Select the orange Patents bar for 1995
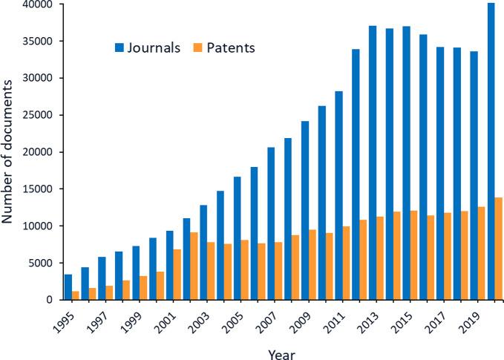76,295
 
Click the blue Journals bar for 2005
238,238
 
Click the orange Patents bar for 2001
178,275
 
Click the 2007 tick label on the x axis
265,317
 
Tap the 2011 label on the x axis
333,317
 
